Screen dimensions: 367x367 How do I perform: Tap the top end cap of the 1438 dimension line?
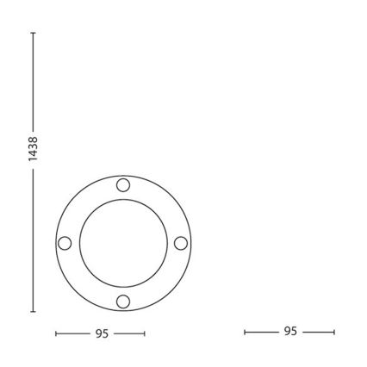coord(33,33)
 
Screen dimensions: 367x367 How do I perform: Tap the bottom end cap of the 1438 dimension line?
coord(33,311)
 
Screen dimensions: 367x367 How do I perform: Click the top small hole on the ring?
coord(122,185)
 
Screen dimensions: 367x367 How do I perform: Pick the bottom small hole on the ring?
coord(122,301)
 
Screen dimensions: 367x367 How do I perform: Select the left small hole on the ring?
coord(65,243)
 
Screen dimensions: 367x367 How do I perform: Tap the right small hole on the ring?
coord(180,243)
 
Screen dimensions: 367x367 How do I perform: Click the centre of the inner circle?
coord(122,243)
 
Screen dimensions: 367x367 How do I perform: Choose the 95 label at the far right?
coord(289,332)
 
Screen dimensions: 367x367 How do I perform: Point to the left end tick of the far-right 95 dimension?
coord(245,332)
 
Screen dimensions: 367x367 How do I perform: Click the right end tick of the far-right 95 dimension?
coord(334,332)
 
